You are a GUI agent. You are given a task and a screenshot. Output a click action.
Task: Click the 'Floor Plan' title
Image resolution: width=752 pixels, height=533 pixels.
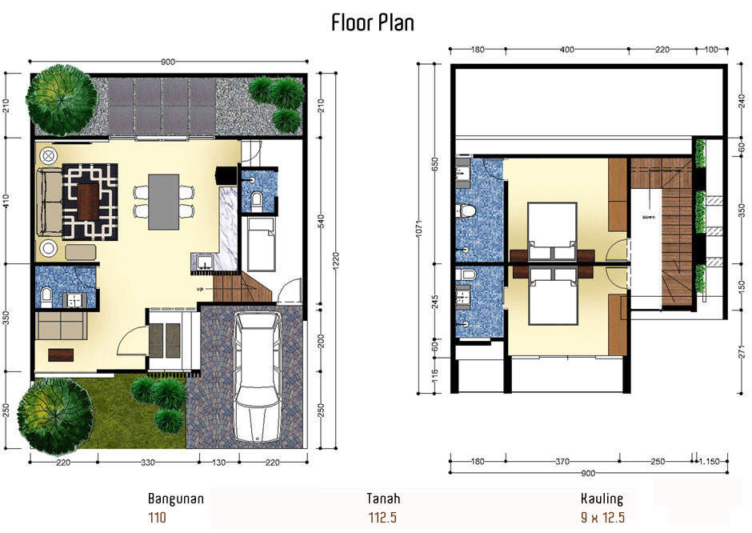pos(373,22)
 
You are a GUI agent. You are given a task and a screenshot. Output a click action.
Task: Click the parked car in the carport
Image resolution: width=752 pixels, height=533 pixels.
pos(258,377)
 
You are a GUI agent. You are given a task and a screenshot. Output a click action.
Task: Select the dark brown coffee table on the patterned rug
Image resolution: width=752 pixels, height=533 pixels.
pos(88,202)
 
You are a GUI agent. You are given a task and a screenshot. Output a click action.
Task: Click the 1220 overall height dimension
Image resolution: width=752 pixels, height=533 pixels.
pos(336,260)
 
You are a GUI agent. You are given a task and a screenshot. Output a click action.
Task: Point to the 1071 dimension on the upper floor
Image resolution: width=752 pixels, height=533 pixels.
pos(418,228)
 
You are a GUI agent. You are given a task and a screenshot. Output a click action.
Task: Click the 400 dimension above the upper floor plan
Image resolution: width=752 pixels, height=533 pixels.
pos(567,50)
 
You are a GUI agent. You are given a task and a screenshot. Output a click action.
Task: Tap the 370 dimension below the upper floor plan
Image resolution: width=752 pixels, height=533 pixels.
pos(562,462)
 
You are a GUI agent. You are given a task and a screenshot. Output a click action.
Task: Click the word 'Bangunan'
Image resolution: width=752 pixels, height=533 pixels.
pos(175,499)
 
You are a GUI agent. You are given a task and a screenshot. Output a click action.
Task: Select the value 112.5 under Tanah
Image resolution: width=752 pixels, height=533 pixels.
pos(382,518)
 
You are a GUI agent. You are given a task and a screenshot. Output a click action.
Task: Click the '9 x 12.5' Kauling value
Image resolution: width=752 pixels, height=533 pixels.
pos(602,517)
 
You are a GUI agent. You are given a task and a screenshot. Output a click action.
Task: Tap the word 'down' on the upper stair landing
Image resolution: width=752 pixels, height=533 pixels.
pos(649,218)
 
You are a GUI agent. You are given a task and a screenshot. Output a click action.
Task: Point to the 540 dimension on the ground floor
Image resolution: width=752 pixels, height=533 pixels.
pos(322,221)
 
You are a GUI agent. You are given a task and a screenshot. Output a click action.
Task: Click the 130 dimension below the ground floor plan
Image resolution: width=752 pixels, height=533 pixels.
pos(218,463)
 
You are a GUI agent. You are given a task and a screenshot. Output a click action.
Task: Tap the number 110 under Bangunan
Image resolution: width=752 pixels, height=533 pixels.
pos(158,518)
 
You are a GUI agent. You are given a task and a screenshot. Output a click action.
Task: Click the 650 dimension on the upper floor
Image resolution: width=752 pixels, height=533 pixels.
pos(435,165)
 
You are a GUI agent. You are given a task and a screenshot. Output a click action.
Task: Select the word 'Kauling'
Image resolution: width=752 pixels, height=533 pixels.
pos(602,499)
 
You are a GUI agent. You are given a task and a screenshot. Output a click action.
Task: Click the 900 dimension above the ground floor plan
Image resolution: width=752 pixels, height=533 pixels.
pos(168,62)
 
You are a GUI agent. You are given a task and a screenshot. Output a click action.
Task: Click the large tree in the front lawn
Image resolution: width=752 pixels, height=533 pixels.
pos(56,416)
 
